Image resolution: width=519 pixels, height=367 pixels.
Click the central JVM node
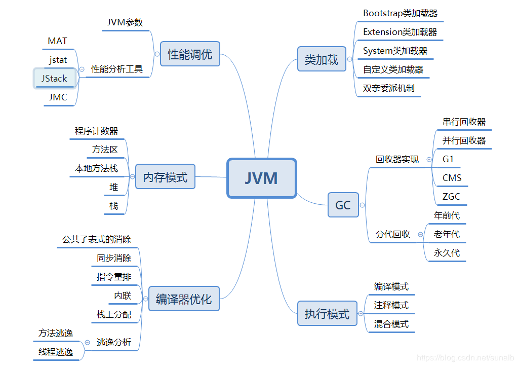pos(261,178)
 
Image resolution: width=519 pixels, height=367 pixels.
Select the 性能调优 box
pos(190,54)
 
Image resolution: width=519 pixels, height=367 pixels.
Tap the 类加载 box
pos(321,59)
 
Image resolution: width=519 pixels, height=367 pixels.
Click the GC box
pos(343,205)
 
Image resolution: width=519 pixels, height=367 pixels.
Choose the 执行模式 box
pos(327,314)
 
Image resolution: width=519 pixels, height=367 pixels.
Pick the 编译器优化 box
pos(184,299)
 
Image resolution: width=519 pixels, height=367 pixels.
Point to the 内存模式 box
pos(165,177)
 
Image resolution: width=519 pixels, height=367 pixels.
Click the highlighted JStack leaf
pos(55,79)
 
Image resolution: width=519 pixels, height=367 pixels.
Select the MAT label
pos(58,41)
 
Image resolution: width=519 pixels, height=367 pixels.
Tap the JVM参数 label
pos(125,22)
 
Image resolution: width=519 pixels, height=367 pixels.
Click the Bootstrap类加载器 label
pos(400,13)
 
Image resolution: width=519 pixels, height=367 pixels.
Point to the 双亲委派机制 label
pos(388,88)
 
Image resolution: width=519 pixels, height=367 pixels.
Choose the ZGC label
pos(451,196)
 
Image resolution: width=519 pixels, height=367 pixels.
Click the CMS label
pos(452,177)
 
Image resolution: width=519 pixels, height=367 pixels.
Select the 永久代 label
pos(447,252)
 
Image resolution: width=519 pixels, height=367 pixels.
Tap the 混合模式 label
pos(391,323)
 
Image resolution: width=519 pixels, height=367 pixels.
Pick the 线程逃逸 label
pos(56,351)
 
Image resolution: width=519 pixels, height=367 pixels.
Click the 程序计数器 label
pos(96,131)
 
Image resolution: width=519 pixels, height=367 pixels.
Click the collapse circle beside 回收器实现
pos(429,159)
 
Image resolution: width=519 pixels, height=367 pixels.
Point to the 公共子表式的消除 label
pos(97,239)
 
